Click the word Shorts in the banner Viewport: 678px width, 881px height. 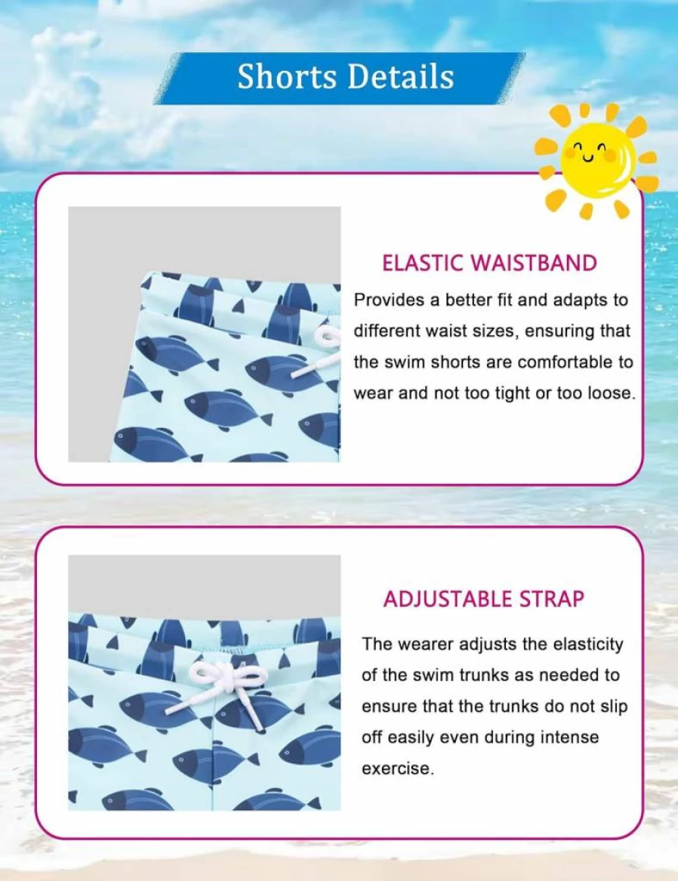[286, 76]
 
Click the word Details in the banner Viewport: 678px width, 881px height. [399, 76]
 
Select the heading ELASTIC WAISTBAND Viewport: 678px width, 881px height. [488, 263]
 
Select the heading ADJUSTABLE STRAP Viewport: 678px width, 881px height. [484, 599]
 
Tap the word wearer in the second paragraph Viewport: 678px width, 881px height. [426, 644]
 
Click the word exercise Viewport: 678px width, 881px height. [398, 769]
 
